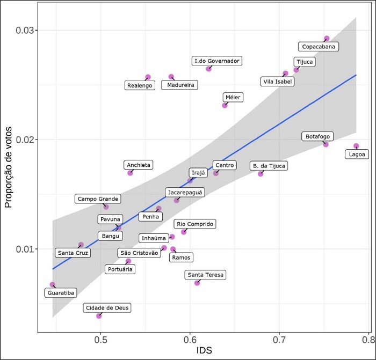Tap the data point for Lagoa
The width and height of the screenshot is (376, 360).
pyautogui.click(x=356, y=146)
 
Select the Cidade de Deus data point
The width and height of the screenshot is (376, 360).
pyautogui.click(x=99, y=315)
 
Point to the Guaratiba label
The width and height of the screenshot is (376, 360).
pyautogui.click(x=61, y=293)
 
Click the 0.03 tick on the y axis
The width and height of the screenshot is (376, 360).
pyautogui.click(x=26, y=31)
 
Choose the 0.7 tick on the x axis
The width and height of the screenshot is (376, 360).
pyautogui.click(x=279, y=340)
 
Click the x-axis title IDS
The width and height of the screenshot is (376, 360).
pyautogui.click(x=203, y=351)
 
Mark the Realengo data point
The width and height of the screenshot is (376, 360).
pyautogui.click(x=148, y=77)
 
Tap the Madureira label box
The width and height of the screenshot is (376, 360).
pyautogui.click(x=179, y=85)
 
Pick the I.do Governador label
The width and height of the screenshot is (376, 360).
pyautogui.click(x=218, y=61)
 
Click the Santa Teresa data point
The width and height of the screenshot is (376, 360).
pyautogui.click(x=197, y=283)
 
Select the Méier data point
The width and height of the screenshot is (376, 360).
pyautogui.click(x=225, y=105)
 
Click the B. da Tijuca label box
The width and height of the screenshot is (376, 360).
pyautogui.click(x=269, y=166)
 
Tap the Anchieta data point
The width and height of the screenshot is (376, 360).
pyautogui.click(x=130, y=173)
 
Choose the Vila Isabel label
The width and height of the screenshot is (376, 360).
pyautogui.click(x=277, y=82)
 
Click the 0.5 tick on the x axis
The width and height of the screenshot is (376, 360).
pyautogui.click(x=101, y=340)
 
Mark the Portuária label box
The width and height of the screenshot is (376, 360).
pyautogui.click(x=120, y=269)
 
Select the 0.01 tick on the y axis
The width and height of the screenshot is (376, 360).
pyautogui.click(x=26, y=249)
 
